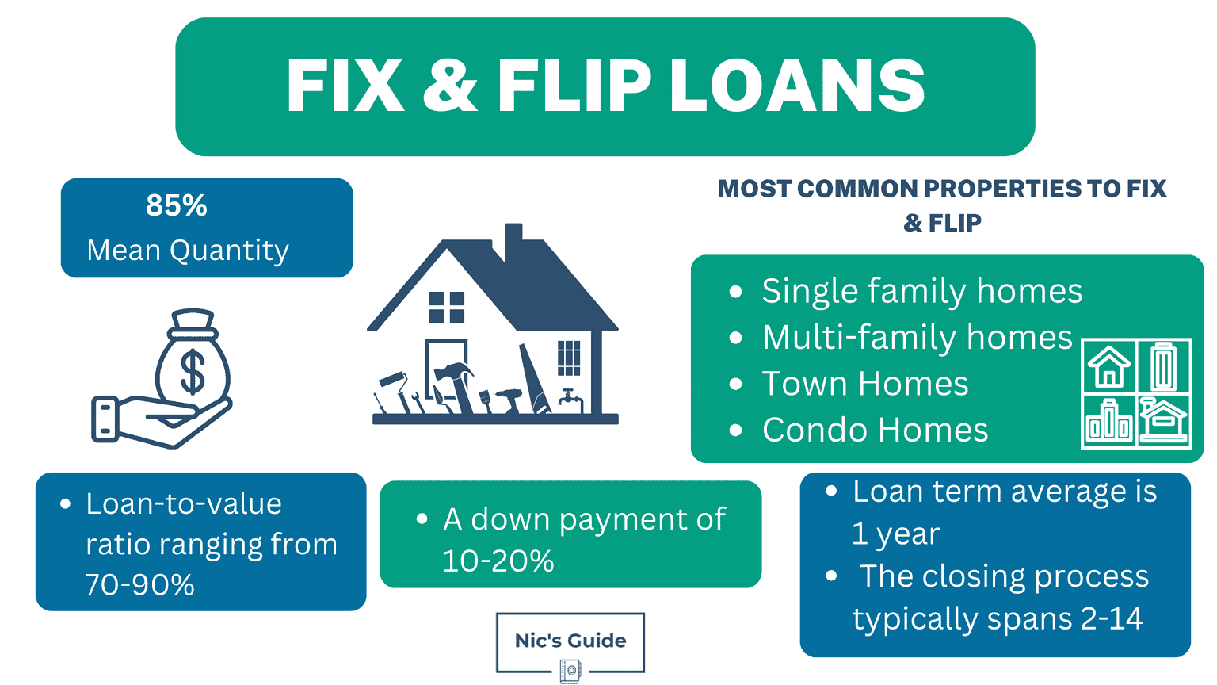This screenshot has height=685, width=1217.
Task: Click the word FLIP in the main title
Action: coord(574,86)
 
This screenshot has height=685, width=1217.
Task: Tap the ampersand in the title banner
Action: coord(450,86)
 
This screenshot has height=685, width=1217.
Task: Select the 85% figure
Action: coord(176,206)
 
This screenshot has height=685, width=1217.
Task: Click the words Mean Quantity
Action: coord(188,251)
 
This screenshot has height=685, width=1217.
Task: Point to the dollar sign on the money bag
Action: coord(193,371)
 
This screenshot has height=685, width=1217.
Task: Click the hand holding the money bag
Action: coord(158,419)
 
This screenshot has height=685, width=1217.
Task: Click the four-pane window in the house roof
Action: coord(446,307)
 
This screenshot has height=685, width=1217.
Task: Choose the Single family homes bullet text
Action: coord(921,292)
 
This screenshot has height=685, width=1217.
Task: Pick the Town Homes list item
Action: coord(865,385)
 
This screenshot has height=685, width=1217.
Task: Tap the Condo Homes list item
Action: coord(875,431)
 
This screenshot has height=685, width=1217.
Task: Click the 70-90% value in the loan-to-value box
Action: coord(140,585)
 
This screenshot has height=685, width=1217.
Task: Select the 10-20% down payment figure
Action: coord(498,561)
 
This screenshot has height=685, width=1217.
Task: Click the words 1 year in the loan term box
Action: coord(896,534)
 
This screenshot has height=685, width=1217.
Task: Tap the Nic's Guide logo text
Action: coord(570,641)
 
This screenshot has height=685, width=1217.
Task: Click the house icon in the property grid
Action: coord(1108,366)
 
